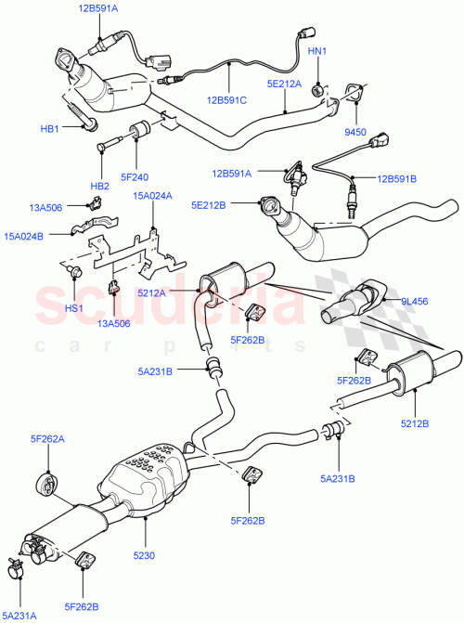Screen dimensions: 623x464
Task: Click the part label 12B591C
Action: click(x=228, y=100)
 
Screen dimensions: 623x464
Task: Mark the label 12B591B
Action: click(x=396, y=178)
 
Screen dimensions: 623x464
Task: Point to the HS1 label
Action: click(x=74, y=308)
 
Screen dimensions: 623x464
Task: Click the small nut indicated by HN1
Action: click(x=317, y=89)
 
